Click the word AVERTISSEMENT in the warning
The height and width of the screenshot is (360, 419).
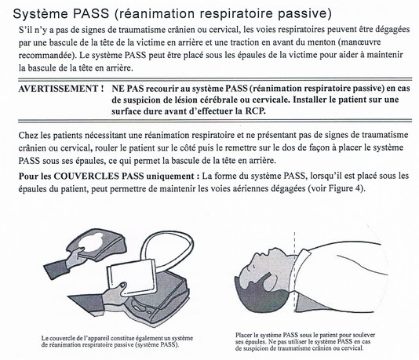(x=58, y=89)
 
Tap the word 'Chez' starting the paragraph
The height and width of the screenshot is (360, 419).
(x=28, y=135)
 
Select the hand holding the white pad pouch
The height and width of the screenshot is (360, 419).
(x=115, y=292)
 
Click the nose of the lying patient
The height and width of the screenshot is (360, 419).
(x=270, y=251)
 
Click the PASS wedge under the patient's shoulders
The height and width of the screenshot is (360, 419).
(x=321, y=303)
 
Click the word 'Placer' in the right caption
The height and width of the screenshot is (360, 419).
(x=243, y=335)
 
